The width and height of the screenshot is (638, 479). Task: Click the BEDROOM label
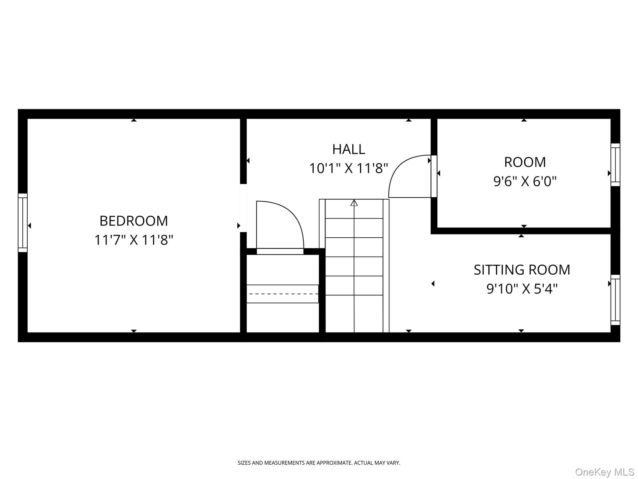[x=134, y=221]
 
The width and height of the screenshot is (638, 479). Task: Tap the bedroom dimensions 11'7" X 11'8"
[x=134, y=240]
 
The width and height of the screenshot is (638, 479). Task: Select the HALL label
[x=349, y=149]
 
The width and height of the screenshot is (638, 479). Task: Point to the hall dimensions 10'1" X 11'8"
[x=349, y=168]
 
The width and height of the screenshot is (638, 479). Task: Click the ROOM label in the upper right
[x=525, y=162]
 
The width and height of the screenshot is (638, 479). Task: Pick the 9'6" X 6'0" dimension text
[x=525, y=181]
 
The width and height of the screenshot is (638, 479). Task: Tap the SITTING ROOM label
[x=522, y=270]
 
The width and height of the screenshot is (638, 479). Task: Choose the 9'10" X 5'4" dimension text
[x=522, y=289]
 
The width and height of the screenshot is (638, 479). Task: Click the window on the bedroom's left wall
[x=23, y=223]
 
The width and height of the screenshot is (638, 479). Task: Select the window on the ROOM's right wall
[x=615, y=165]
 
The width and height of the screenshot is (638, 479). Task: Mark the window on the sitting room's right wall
[x=615, y=300]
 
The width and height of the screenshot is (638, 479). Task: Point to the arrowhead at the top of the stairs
[x=354, y=203]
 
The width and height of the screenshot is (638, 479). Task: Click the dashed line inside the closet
[x=282, y=294]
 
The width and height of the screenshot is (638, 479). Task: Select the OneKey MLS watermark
[x=605, y=472]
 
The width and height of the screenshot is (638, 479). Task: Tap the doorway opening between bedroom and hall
[x=243, y=208]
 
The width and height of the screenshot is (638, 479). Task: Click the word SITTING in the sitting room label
[x=497, y=270]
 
